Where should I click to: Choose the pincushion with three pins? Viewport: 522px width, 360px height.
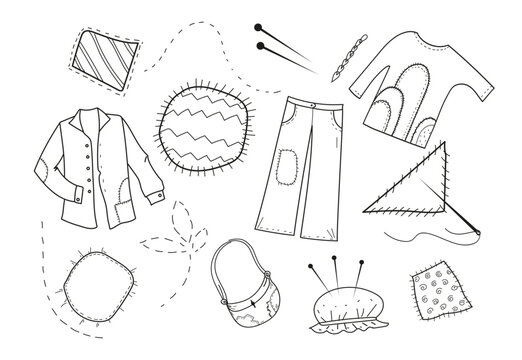341,301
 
